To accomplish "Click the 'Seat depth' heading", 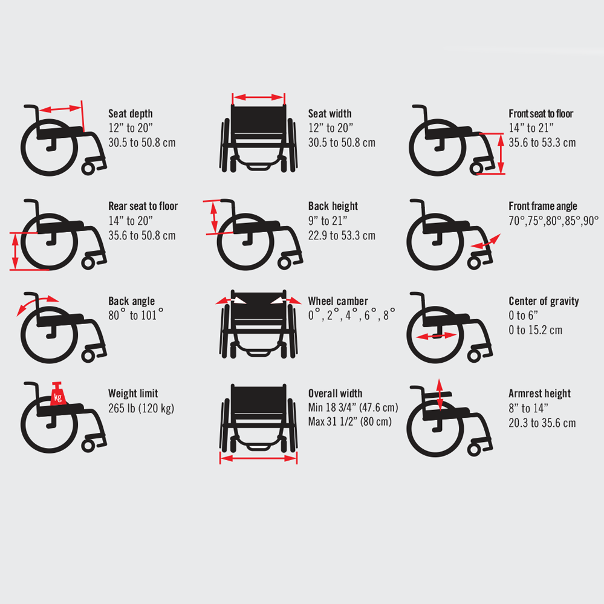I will point(131,114).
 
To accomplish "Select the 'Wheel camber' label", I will point(338,301).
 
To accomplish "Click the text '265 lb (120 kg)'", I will point(141,408).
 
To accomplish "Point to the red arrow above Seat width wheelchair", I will point(258,97).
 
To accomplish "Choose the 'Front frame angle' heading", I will point(542,206).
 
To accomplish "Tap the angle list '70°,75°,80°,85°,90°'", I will point(553,221).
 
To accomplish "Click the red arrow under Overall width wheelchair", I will point(258,459).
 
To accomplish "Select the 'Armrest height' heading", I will point(539,394).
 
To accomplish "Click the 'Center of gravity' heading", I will point(544,301).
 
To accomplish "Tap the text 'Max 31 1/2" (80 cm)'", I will point(349,422).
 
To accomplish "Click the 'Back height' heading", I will point(333,206).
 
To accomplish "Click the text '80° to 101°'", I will point(135,316).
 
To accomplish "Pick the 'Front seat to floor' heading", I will point(541,114).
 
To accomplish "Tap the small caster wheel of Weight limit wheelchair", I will point(88,444).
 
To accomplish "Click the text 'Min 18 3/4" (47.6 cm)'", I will point(353,408).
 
